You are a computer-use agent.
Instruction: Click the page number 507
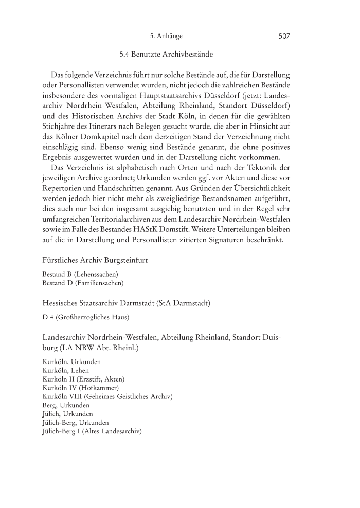click(284, 36)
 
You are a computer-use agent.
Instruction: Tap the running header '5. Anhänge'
click(166, 36)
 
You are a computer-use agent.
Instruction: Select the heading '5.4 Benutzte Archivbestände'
click(166, 53)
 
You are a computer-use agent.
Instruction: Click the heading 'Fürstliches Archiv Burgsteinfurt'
click(95, 260)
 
